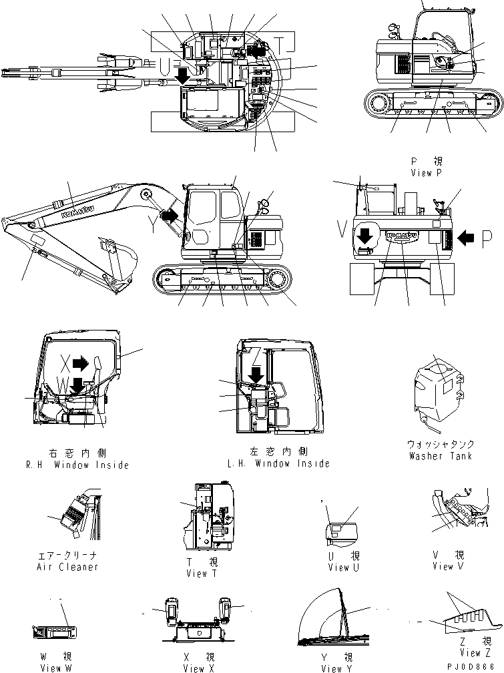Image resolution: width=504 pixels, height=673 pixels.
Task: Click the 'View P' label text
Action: [x=427, y=172]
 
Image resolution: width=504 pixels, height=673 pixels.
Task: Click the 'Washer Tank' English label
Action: [x=441, y=456]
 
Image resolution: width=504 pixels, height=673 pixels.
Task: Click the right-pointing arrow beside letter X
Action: [x=80, y=363]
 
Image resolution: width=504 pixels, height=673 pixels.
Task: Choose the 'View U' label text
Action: [x=344, y=568]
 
